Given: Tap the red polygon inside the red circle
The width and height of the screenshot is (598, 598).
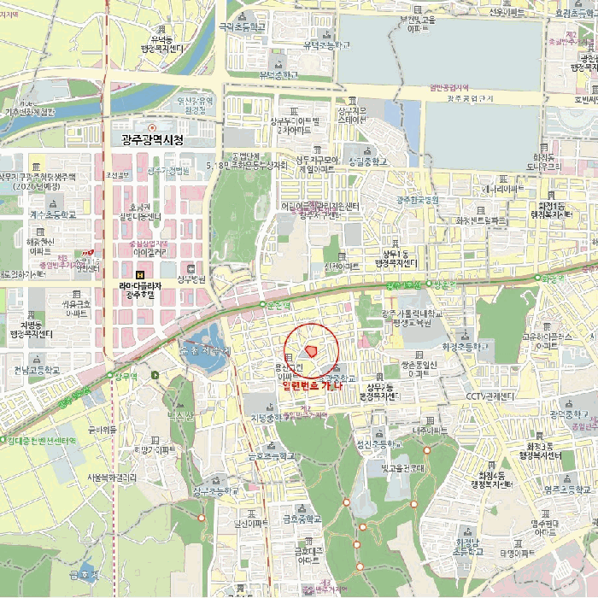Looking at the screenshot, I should pos(312,350).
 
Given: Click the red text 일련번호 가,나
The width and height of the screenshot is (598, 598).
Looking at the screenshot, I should pos(312,386).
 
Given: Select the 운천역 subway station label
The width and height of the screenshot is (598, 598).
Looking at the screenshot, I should pos(278,303).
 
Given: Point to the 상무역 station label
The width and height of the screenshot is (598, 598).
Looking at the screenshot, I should pos(125,375).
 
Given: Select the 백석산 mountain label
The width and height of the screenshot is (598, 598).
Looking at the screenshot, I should pos(181,415).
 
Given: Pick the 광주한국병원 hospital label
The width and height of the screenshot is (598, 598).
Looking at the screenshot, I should pos(417,200).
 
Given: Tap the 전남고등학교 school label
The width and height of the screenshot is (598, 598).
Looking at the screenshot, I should pos(38,371).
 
